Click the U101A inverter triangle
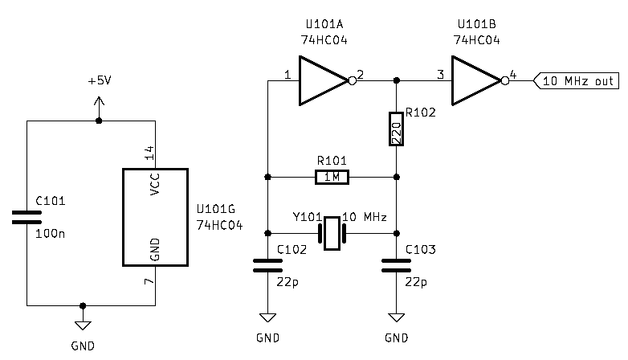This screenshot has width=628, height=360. [321, 80]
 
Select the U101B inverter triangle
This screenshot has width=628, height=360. [474, 80]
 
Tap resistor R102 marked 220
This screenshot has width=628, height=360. [396, 129]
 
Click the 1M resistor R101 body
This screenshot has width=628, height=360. [332, 177]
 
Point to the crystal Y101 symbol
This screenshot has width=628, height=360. [332, 233]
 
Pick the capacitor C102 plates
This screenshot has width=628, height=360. [267, 266]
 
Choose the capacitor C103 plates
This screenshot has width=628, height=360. [396, 266]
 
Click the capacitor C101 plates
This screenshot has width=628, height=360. [27, 217]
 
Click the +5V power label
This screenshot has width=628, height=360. [100, 82]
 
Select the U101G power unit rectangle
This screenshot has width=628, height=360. [154, 217]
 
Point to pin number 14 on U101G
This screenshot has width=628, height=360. [149, 153]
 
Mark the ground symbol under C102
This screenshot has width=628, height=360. [267, 317]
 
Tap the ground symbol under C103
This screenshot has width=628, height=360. [396, 317]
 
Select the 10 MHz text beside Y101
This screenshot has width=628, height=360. [365, 218]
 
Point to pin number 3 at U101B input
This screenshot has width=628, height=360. [440, 75]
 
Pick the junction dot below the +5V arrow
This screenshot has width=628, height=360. [99, 121]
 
